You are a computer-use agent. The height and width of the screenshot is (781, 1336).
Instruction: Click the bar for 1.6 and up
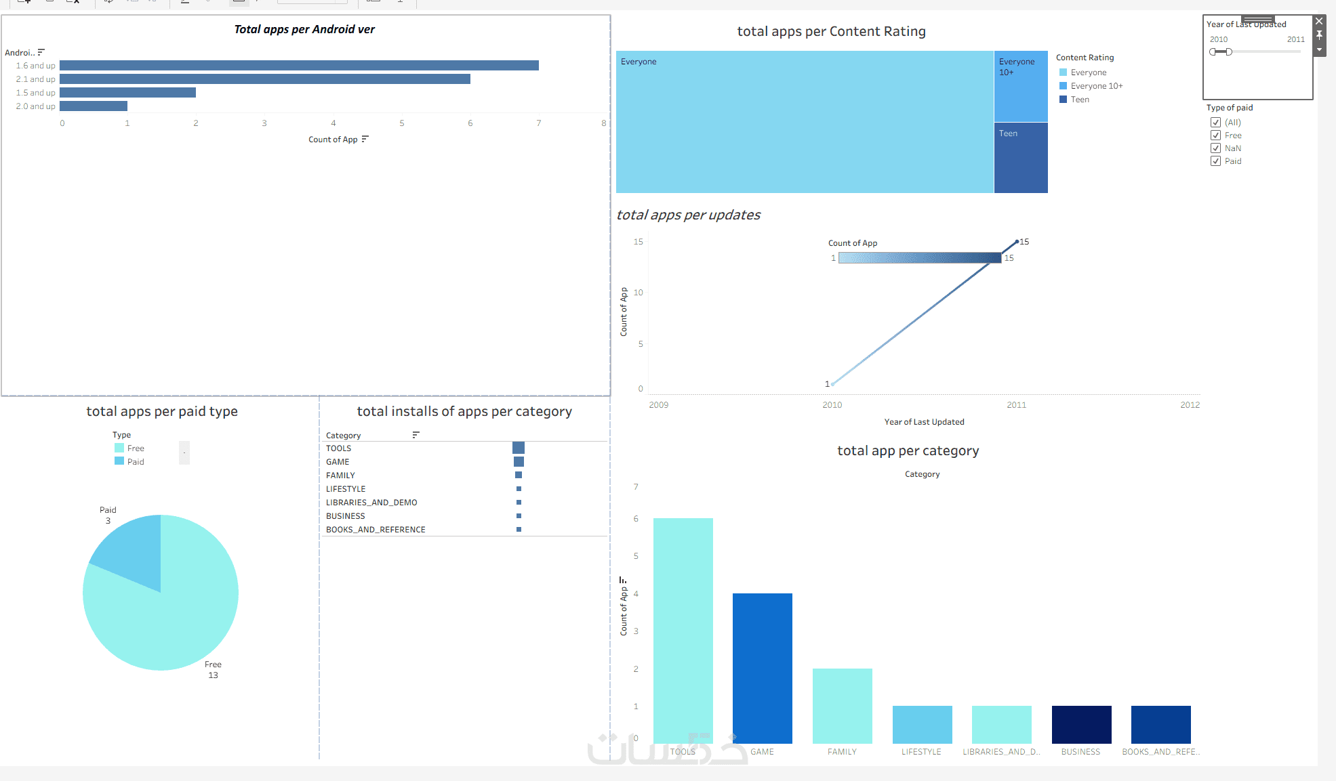tap(299, 66)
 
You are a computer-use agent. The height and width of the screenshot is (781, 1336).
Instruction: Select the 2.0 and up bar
tap(94, 106)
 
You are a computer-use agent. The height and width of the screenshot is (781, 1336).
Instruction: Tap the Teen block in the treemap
tap(1021, 158)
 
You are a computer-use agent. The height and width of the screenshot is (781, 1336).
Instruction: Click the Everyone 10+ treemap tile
tap(1021, 87)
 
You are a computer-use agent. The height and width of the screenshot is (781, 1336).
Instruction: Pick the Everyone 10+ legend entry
tap(1096, 86)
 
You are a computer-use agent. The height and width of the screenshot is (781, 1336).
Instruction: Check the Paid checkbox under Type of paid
tap(1215, 161)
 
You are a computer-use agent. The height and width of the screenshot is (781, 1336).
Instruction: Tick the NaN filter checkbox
tap(1215, 148)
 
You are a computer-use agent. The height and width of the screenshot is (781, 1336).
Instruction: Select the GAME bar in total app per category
tap(762, 668)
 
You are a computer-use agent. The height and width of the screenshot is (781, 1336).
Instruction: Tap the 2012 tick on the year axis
tap(1190, 405)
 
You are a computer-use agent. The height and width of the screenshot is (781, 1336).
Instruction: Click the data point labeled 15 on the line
tap(1017, 242)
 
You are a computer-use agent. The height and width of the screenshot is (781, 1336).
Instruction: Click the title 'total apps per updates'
tap(688, 215)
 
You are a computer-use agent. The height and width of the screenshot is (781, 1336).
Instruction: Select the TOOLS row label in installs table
tap(338, 448)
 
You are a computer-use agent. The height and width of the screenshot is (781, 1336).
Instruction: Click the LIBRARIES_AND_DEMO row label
tap(371, 503)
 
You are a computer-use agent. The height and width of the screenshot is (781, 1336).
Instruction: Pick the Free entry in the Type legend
tap(136, 448)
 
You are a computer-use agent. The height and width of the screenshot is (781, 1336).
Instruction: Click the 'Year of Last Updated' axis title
tap(924, 422)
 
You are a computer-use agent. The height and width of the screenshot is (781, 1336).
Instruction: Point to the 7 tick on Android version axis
tap(539, 123)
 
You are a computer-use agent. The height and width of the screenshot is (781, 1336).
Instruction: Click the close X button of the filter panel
tap(1319, 22)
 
